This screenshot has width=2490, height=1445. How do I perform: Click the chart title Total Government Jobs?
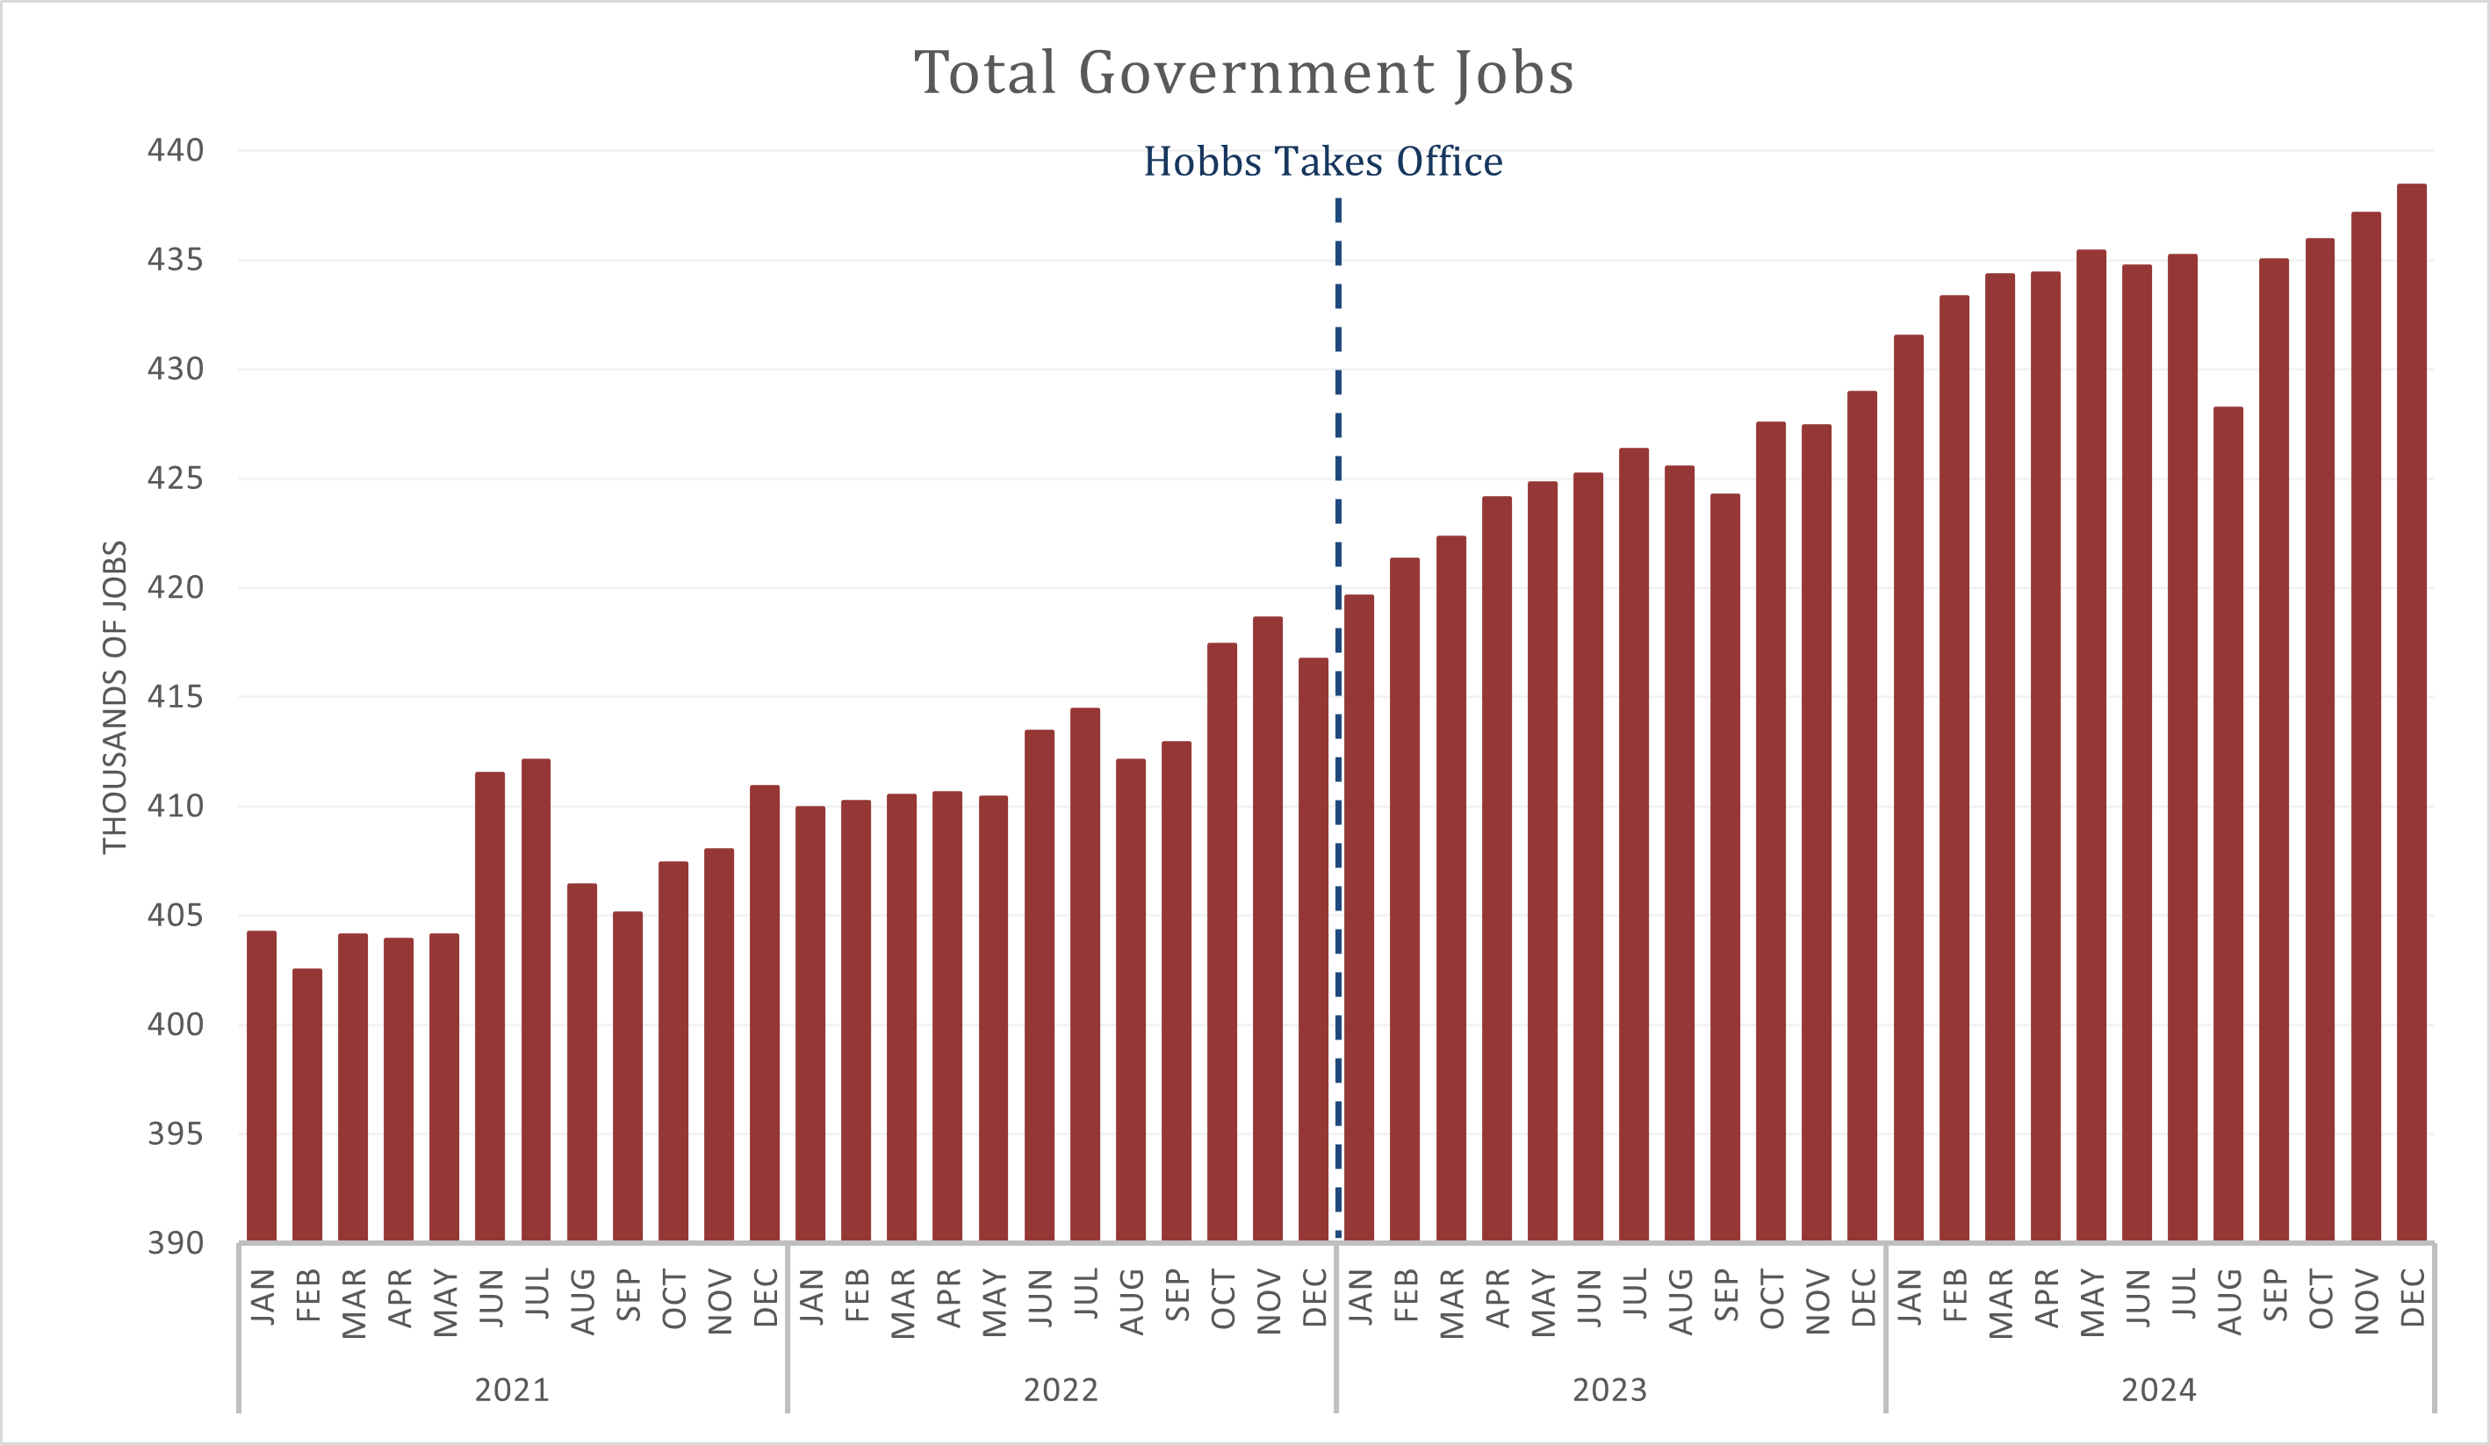pos(1243,73)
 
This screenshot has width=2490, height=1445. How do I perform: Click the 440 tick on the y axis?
pos(175,150)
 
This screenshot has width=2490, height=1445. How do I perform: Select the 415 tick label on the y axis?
pos(175,697)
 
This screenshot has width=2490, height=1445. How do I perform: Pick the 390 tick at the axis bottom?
pos(175,1242)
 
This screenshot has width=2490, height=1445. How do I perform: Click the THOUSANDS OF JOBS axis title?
pos(116,696)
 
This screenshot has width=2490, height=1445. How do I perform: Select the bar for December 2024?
pos(2411,711)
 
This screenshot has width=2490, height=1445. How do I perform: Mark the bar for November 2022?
pos(1268,929)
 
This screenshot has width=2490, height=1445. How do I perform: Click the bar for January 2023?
pos(1360,917)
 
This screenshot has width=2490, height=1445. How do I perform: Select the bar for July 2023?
pos(1633,845)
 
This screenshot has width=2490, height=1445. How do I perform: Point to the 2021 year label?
pos(512,1391)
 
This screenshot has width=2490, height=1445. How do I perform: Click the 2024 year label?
pos(2159,1391)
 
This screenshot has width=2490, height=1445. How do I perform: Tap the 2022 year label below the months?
pos(1061,1391)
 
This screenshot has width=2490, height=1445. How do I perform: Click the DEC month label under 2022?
pos(1314,1298)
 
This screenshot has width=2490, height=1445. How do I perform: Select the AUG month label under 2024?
pos(2229,1302)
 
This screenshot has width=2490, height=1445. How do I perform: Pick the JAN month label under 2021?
pos(262,1298)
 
